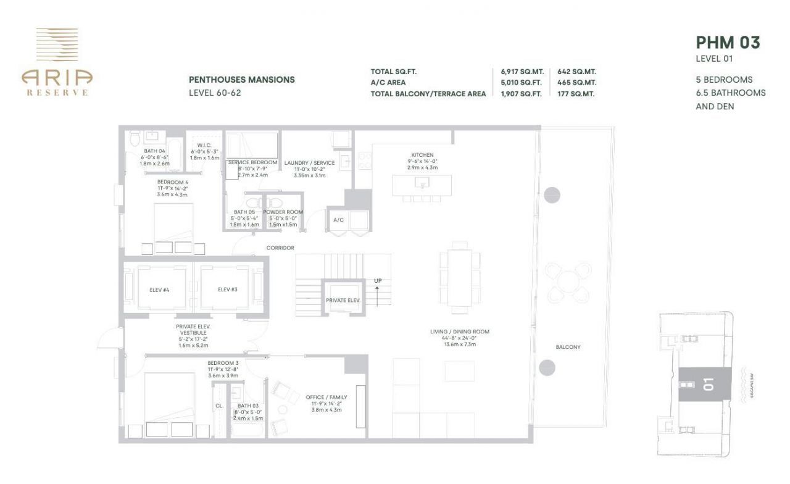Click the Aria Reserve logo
(57, 62)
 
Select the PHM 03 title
(728, 42)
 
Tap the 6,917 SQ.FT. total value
(522, 72)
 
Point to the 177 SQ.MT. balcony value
(576, 94)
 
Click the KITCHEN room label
(423, 155)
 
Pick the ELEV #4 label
(159, 289)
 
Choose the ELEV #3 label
(228, 289)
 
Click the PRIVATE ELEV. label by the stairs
(343, 301)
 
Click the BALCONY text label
(568, 347)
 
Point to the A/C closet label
(338, 220)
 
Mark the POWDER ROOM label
(283, 212)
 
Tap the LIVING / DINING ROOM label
(460, 332)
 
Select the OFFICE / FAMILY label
(326, 397)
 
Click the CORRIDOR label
(280, 248)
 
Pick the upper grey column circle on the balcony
(551, 193)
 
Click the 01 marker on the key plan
(707, 385)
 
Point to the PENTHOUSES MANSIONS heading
(241, 80)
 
